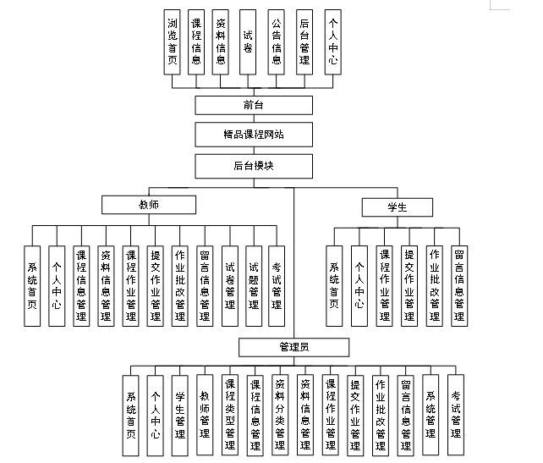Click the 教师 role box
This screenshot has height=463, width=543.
pyautogui.click(x=149, y=205)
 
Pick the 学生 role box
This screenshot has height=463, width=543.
pyautogui.click(x=397, y=207)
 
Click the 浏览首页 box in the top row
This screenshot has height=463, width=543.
pyautogui.click(x=173, y=42)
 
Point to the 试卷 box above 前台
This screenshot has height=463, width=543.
pyautogui.click(x=248, y=42)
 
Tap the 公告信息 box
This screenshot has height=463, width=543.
pyautogui.click(x=276, y=42)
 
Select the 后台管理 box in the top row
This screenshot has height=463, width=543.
pyautogui.click(x=304, y=42)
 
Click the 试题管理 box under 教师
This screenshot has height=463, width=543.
pyautogui.click(x=254, y=286)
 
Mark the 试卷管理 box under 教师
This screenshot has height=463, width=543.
pyautogui.click(x=229, y=286)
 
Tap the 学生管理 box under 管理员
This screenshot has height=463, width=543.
pyautogui.click(x=179, y=415)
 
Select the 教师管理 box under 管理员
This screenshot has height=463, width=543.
pyautogui.click(x=205, y=415)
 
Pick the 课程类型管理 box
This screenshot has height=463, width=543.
pyautogui.click(x=230, y=415)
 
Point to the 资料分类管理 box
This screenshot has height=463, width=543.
pyautogui.click(x=280, y=415)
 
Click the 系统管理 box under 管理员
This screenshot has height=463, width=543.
pyautogui.click(x=431, y=415)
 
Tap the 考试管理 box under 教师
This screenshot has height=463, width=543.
pyautogui.click(x=277, y=286)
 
